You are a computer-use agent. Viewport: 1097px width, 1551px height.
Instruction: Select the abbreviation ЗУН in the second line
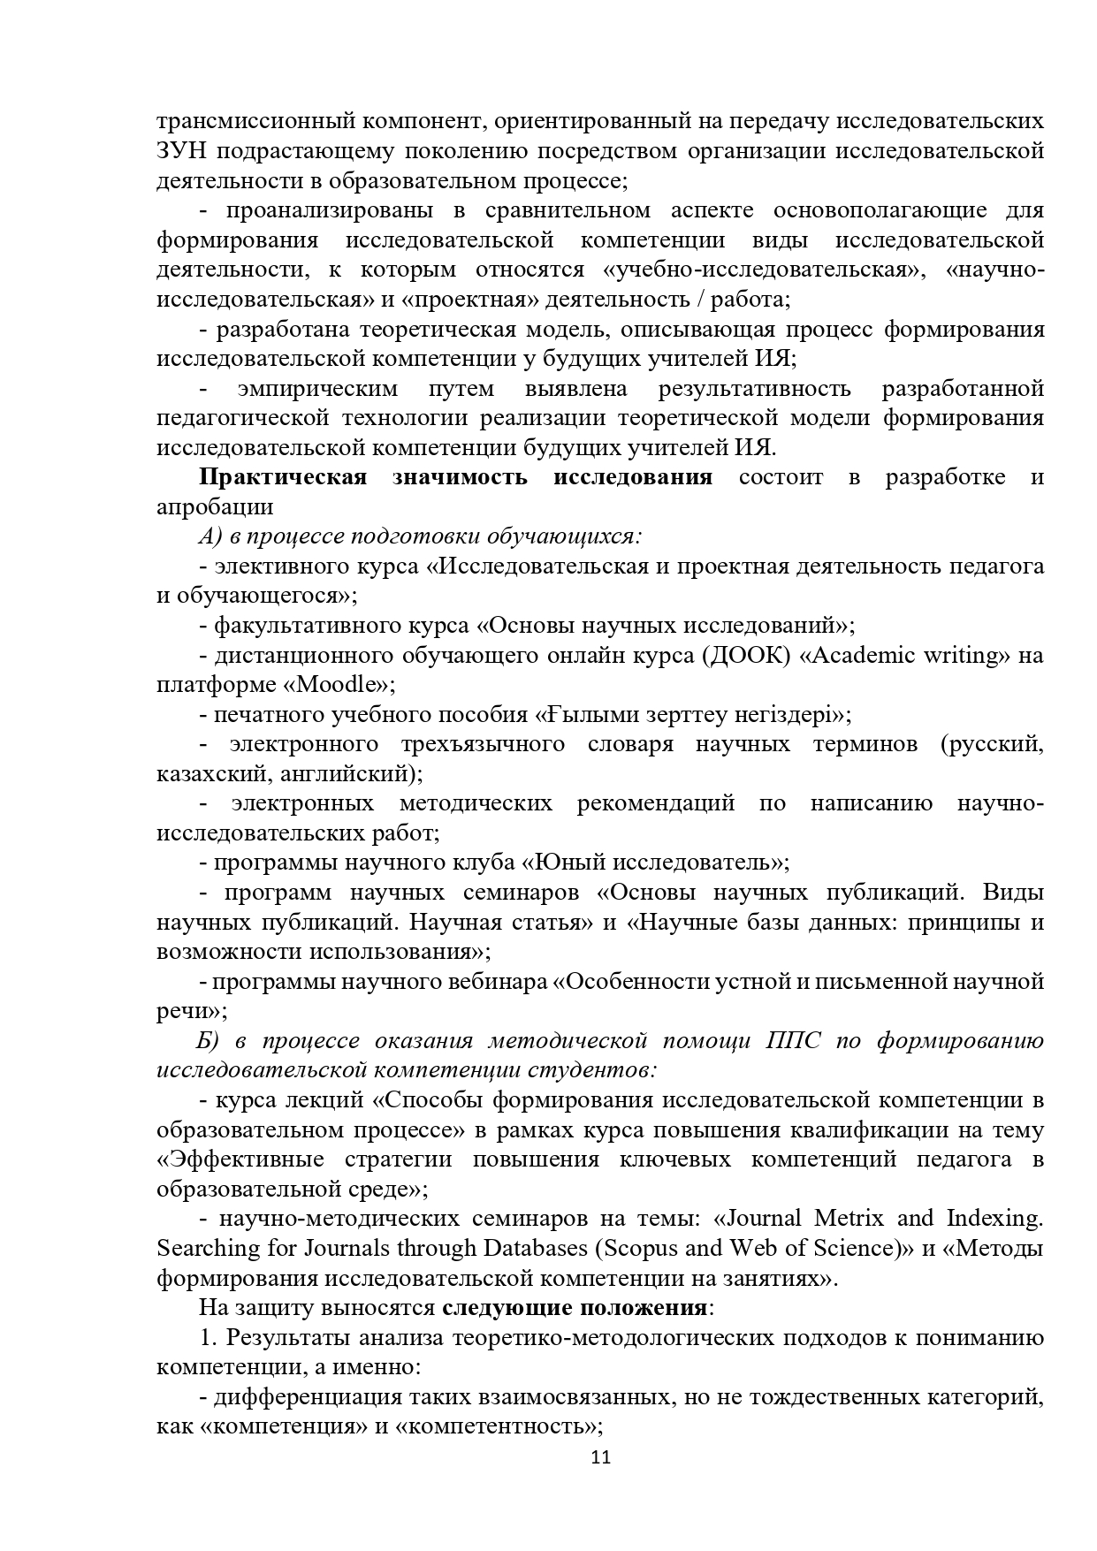(x=181, y=150)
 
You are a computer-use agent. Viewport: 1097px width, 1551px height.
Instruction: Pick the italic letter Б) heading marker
(x=208, y=1041)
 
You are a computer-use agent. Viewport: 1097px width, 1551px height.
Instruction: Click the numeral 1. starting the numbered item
(x=208, y=1337)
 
